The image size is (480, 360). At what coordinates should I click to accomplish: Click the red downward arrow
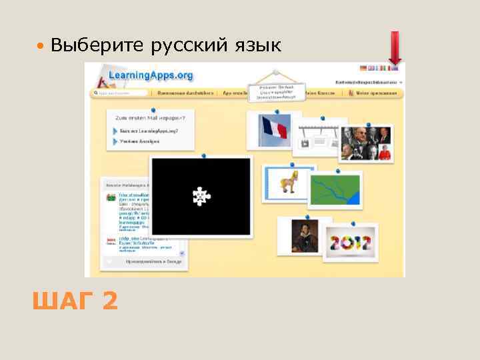pos(395,49)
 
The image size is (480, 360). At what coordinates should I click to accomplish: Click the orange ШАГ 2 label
pos(75,301)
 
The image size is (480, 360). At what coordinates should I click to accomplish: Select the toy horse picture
pos(289,181)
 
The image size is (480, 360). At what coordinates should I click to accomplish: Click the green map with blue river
pos(335,189)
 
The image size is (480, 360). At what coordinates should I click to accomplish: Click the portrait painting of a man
pos(302,235)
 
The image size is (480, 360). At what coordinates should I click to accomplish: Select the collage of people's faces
pos(366,142)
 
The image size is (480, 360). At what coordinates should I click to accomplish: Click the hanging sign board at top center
pos(276,92)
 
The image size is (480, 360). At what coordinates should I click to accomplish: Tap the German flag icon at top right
pos(363,68)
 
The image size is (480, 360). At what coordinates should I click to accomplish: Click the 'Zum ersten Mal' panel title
pos(151,117)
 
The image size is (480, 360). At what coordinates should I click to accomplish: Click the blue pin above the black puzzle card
pos(203,155)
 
